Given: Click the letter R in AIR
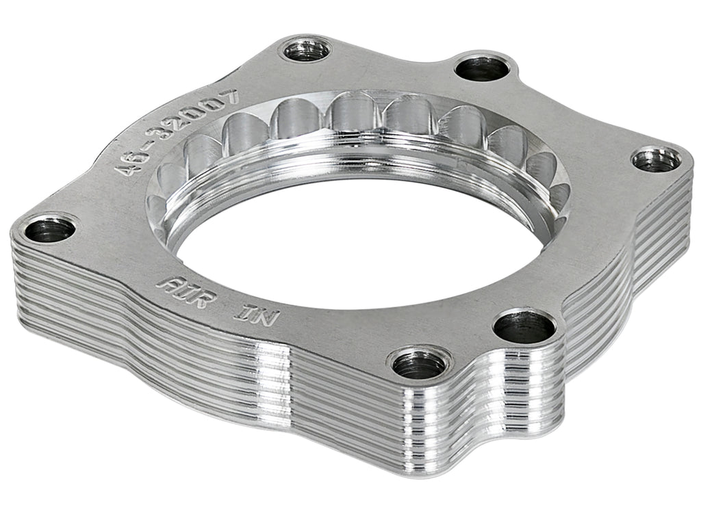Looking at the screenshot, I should (x=199, y=295).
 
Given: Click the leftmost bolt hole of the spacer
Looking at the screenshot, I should (x=49, y=229).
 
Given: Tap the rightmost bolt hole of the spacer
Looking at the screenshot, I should (x=656, y=160).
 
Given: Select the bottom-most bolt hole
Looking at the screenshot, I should (x=419, y=363).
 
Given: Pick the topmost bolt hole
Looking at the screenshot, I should (x=306, y=50).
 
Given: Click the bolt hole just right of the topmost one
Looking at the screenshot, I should (x=482, y=68).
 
